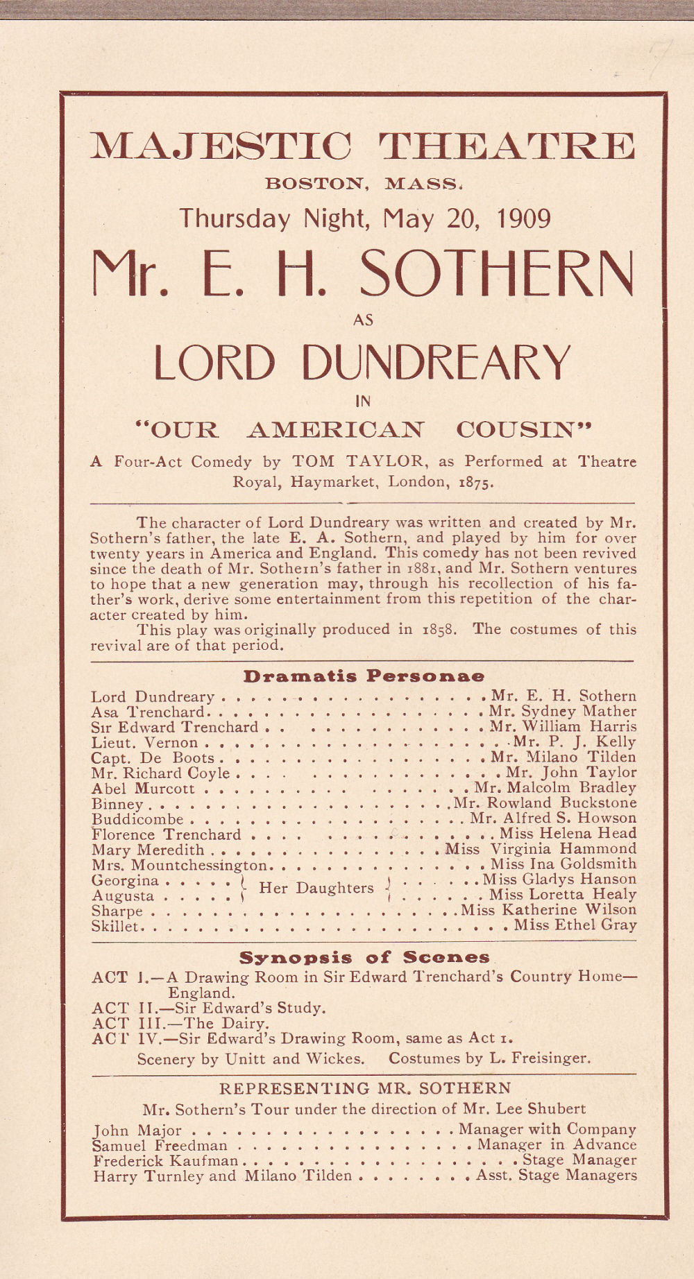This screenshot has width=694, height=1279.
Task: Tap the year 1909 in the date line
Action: click(x=524, y=218)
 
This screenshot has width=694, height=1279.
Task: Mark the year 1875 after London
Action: click(x=477, y=482)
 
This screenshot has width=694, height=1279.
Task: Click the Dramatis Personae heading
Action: click(x=364, y=676)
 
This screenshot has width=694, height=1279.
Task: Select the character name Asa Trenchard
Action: click(x=148, y=712)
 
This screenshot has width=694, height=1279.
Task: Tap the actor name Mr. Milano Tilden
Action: click(x=563, y=757)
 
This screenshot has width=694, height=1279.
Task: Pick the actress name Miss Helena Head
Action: click(x=568, y=834)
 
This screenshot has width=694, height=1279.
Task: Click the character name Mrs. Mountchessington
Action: click(x=179, y=865)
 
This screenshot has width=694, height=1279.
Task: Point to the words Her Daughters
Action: click(x=316, y=888)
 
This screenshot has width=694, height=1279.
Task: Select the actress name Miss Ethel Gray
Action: click(x=575, y=925)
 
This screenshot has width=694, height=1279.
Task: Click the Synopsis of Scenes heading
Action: click(x=364, y=958)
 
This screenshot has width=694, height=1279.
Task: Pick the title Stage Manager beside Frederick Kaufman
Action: click(x=579, y=1160)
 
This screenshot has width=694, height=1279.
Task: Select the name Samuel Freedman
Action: click(x=160, y=1145)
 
